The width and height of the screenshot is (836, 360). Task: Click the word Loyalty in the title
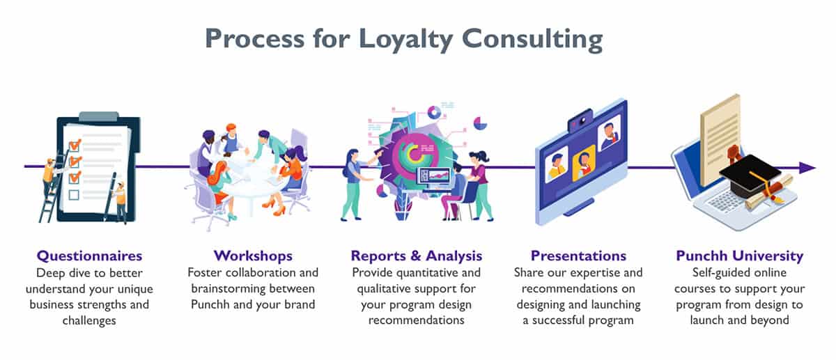pyautogui.click(x=405, y=40)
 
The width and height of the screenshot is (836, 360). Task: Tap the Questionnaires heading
pyautogui.click(x=90, y=256)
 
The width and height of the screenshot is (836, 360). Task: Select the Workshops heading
pyautogui.click(x=253, y=256)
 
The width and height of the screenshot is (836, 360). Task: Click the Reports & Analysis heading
pyautogui.click(x=417, y=256)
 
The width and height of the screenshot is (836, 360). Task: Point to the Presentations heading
pyautogui.click(x=578, y=256)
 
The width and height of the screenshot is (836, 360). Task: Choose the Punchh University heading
pyautogui.click(x=740, y=256)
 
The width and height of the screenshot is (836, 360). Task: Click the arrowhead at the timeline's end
pyautogui.click(x=807, y=168)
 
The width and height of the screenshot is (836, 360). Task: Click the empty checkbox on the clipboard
pyautogui.click(x=74, y=195)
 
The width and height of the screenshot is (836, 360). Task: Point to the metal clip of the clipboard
pyautogui.click(x=99, y=116)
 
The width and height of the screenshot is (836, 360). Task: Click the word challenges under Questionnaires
pyautogui.click(x=89, y=320)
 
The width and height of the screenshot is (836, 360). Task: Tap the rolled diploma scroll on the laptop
pyautogui.click(x=769, y=194)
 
